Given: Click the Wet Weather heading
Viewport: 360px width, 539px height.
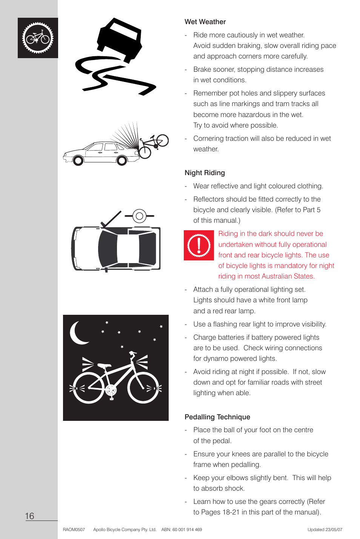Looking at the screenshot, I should (205, 22).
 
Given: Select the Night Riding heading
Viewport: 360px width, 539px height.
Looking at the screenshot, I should (205, 173).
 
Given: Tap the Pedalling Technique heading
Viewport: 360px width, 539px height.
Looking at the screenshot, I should (217, 417).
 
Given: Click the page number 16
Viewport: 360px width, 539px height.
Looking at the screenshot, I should (29, 516).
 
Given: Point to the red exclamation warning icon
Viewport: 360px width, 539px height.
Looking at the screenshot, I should (199, 245).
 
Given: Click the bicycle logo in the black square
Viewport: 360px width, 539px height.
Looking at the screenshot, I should (38, 38).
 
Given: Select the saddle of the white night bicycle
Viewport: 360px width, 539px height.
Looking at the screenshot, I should (104, 365).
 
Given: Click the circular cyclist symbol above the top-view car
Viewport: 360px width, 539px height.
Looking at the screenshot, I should (139, 216).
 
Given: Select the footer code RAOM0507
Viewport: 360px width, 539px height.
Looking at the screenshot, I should (74, 530).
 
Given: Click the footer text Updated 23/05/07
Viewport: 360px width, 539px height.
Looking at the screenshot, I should (325, 530).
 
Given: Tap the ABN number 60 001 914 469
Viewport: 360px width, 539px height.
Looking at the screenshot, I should (187, 530).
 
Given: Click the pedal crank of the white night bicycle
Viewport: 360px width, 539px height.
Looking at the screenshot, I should (111, 390).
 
